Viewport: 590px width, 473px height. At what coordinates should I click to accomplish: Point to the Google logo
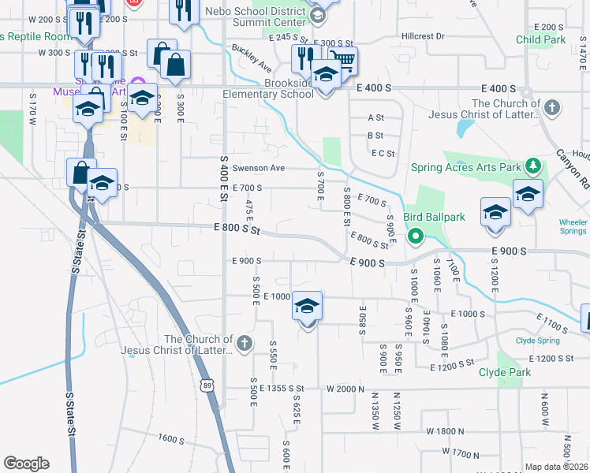click(x=26, y=464)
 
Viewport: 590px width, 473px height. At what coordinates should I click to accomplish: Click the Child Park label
click(x=541, y=39)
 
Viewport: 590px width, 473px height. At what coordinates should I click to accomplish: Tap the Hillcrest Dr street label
click(x=423, y=36)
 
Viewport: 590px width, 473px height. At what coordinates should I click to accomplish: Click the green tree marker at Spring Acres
click(x=534, y=166)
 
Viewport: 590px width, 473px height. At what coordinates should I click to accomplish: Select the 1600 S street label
click(x=170, y=438)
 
